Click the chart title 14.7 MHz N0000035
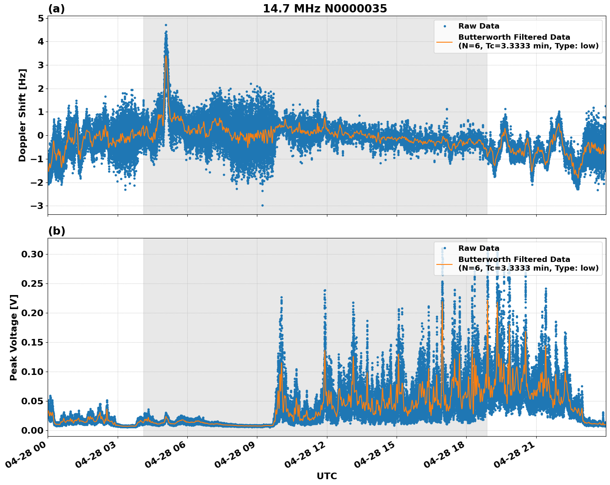pyautogui.click(x=325, y=9)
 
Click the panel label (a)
pyautogui.click(x=56, y=9)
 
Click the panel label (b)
pyautogui.click(x=56, y=231)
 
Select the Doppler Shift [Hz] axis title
pyautogui.click(x=22, y=115)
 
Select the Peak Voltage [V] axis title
pyautogui.click(x=14, y=337)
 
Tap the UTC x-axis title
pyautogui.click(x=327, y=476)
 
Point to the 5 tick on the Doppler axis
pyautogui.click(x=41, y=18)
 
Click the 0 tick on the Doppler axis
pyautogui.click(x=41, y=136)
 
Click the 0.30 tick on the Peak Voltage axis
pyautogui.click(x=32, y=254)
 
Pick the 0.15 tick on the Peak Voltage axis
pyautogui.click(x=32, y=342)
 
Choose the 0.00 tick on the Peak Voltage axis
pyautogui.click(x=32, y=430)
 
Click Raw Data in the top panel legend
pyautogui.click(x=479, y=26)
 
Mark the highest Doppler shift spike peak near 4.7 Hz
pyautogui.click(x=166, y=25)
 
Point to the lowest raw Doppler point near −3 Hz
pyautogui.click(x=262, y=205)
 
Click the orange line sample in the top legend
pyautogui.click(x=444, y=41)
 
